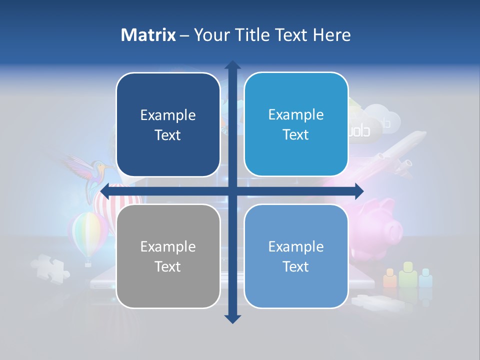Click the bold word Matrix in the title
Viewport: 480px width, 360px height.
tap(148, 35)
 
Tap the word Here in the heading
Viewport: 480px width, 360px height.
tap(331, 35)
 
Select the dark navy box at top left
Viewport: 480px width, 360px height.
tap(168, 124)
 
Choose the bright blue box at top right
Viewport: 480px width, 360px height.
tap(296, 124)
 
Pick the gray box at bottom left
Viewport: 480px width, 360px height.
tap(168, 256)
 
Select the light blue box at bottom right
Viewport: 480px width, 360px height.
tap(296, 256)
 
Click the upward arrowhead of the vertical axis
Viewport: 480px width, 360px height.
tap(232, 65)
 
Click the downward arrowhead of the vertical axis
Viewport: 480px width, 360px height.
tap(232, 318)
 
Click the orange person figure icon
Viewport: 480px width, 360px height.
tap(390, 278)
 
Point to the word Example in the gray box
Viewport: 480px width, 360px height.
tap(168, 246)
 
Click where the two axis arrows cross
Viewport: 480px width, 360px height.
tap(232, 190)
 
